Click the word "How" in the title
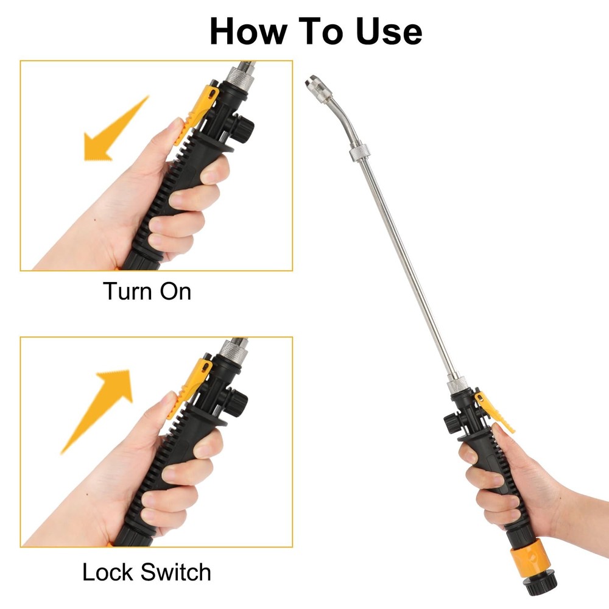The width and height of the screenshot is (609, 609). point(249,32)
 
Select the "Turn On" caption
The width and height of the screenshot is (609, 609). point(147,291)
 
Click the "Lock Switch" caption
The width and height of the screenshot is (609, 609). point(147,572)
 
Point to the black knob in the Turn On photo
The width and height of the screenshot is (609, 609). point(244,126)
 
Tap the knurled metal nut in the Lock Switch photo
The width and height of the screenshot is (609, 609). point(232,350)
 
